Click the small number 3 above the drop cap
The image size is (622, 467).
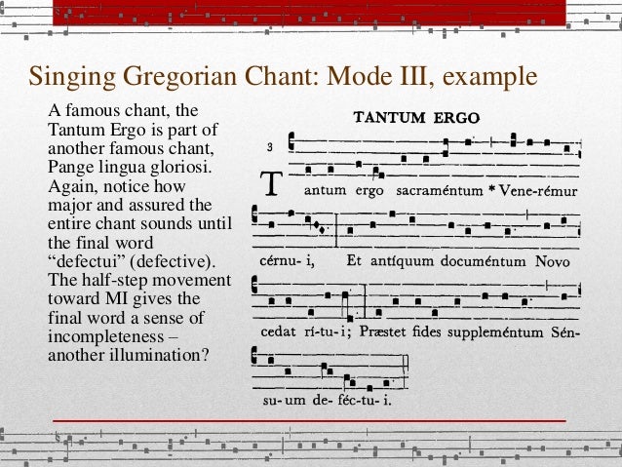point(268,149)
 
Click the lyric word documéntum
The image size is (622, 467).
point(483,262)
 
